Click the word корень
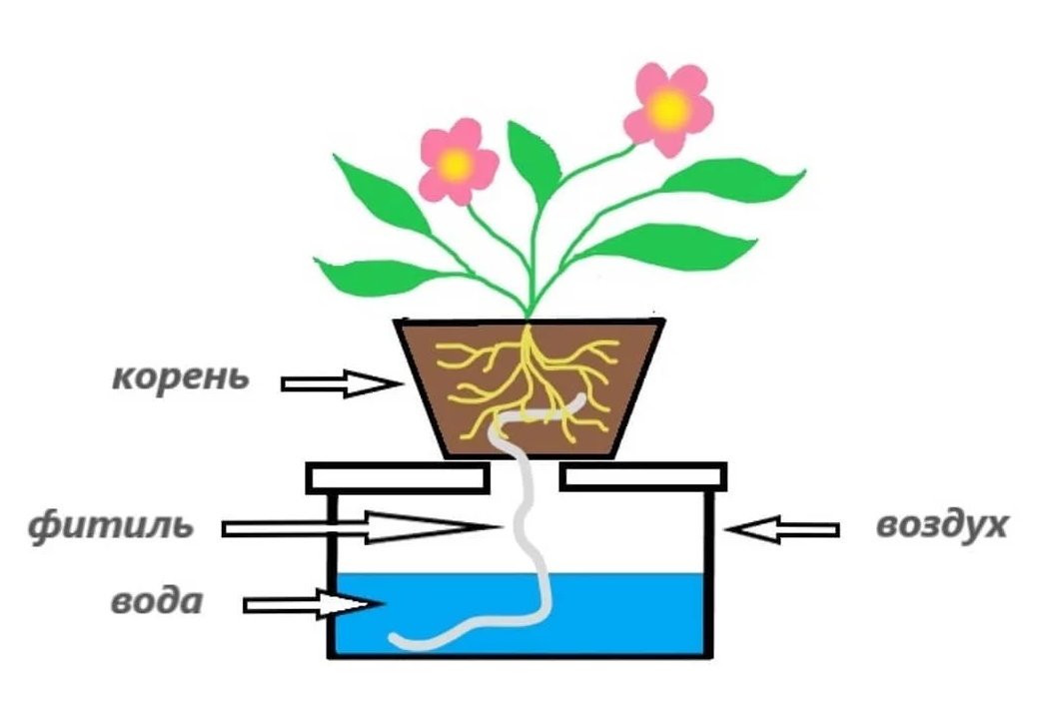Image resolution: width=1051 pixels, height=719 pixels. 178,378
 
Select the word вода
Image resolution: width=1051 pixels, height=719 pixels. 157,602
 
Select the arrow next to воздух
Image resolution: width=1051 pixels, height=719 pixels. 784,529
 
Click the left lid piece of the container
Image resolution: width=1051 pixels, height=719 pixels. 398,477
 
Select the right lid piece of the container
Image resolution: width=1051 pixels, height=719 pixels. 642,477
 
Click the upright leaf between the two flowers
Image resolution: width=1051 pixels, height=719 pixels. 531,152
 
